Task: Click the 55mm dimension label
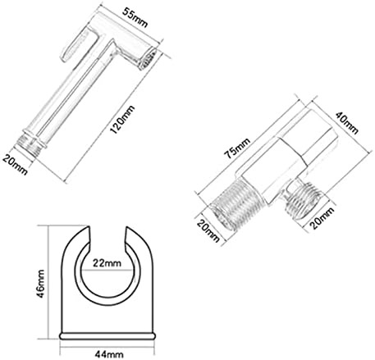click(135, 18)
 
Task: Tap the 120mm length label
click(122, 120)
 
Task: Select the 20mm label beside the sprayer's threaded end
click(16, 164)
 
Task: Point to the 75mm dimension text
click(237, 148)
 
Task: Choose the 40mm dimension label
click(346, 123)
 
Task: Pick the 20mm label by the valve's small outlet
click(322, 218)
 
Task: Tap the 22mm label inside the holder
click(107, 262)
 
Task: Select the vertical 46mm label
click(40, 284)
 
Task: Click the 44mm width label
click(109, 354)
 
